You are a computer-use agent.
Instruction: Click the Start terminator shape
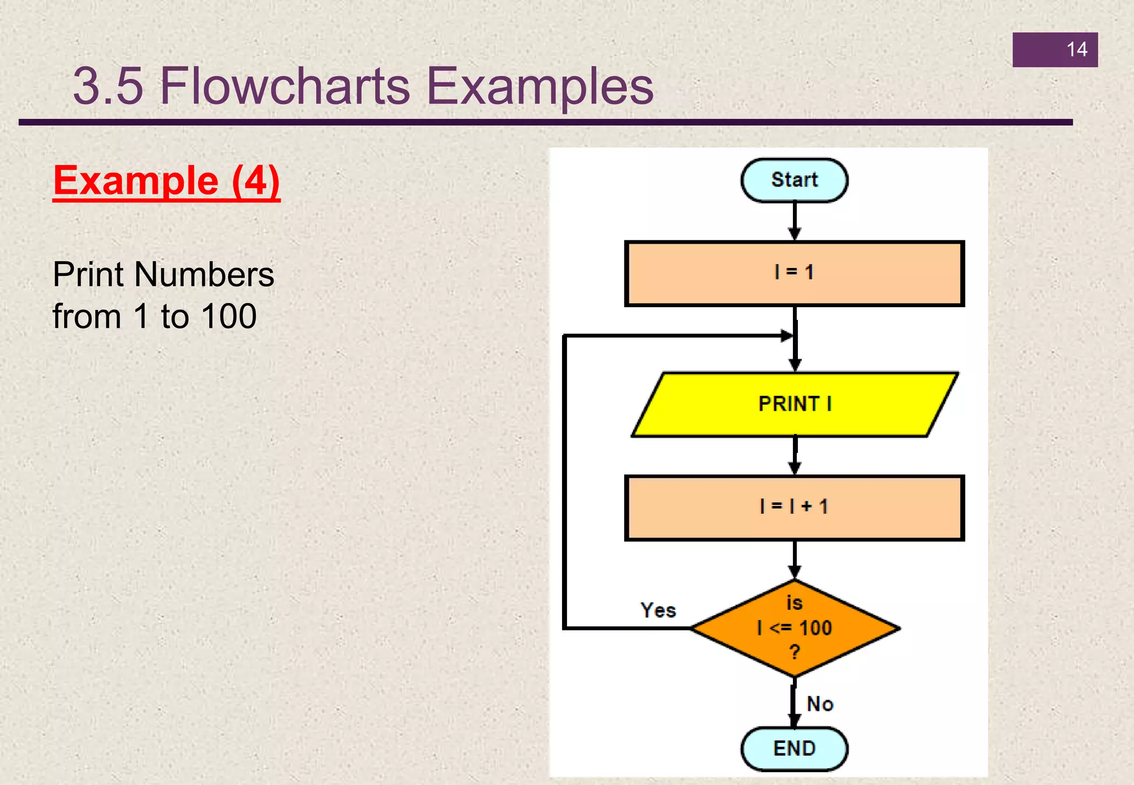click(x=794, y=180)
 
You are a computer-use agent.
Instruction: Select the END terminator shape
click(x=794, y=748)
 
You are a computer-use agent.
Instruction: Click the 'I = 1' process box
click(x=794, y=273)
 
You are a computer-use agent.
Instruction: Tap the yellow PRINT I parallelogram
click(x=794, y=404)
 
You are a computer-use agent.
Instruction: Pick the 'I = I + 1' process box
click(x=794, y=507)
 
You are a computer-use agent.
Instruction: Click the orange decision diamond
click(x=794, y=628)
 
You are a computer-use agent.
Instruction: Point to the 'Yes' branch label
click(x=658, y=610)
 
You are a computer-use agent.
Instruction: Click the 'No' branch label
click(x=819, y=704)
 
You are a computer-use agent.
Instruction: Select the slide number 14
click(x=1076, y=50)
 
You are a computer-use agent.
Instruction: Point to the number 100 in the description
click(x=229, y=316)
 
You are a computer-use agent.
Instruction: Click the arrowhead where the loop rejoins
click(x=786, y=335)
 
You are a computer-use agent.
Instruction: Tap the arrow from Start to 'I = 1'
click(x=795, y=221)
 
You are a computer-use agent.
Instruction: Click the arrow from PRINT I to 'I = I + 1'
click(x=795, y=456)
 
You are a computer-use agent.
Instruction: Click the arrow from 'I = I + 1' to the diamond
click(x=795, y=559)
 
